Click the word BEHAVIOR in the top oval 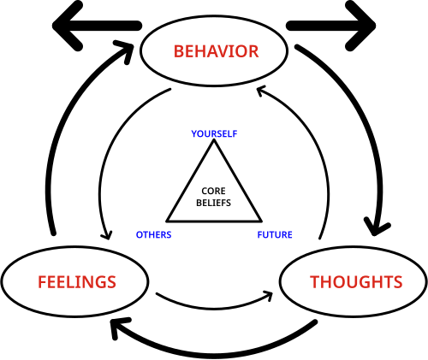click(216, 51)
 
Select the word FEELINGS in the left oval click(76, 282)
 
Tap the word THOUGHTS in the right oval click(355, 282)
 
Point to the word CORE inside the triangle click(214, 192)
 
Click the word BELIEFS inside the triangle click(214, 204)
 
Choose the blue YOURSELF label click(214, 134)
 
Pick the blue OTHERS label click(154, 235)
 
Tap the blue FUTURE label click(275, 235)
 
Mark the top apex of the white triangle click(214, 143)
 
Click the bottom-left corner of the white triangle click(169, 220)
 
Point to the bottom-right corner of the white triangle click(259, 220)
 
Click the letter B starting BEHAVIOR click(179, 51)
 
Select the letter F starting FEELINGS click(42, 282)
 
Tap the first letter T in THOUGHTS click(314, 282)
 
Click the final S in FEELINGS click(111, 282)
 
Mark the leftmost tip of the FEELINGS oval click(3, 281)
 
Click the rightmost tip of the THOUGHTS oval click(425, 281)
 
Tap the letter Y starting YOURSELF click(193, 134)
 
